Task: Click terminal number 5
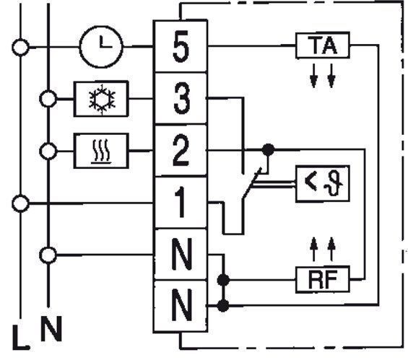pos(181,46)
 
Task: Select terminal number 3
pos(181,98)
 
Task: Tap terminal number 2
pos(181,150)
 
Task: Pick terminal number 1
pos(181,202)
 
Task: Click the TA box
pos(323,45)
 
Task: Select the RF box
pos(323,279)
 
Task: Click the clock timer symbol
pos(101,47)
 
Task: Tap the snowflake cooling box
pos(101,99)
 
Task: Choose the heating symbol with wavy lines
pos(101,151)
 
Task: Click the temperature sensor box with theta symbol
pos(323,183)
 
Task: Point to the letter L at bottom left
pos(21,338)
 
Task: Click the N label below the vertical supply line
pos(51,328)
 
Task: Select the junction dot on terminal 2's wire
pos(269,150)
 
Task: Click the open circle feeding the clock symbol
pos(20,48)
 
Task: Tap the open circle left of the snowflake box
pos(48,99)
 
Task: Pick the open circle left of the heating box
pos(48,151)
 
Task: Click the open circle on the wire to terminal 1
pos(20,203)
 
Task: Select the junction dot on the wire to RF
pos(223,280)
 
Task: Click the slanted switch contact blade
pos(251,183)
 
